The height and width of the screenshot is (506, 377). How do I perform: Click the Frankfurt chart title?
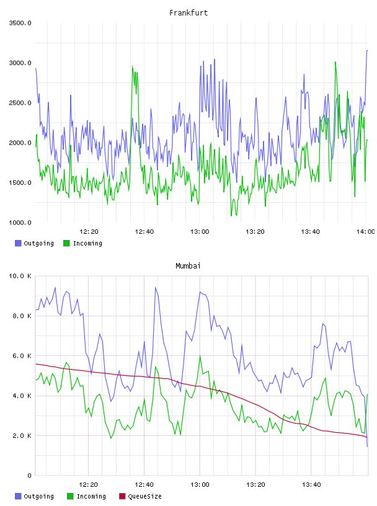tap(188, 13)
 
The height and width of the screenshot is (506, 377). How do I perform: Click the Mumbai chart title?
tap(188, 266)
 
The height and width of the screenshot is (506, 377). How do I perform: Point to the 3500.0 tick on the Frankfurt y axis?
tap(20, 23)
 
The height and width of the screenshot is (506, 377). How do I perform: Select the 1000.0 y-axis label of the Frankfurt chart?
tap(20, 223)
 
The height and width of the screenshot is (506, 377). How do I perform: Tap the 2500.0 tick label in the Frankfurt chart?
tap(20, 103)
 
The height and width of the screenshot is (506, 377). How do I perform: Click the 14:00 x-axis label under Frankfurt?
tap(365, 232)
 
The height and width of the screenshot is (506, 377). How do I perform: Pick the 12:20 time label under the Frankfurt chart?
tap(89, 232)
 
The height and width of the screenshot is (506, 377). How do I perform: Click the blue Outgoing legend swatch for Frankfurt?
tap(18, 243)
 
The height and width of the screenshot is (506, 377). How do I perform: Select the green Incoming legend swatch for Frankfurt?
tap(66, 243)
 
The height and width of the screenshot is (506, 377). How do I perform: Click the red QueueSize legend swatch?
tap(122, 496)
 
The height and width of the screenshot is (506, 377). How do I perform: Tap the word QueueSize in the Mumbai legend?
tap(144, 496)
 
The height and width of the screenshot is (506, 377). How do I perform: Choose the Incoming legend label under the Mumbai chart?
tap(91, 496)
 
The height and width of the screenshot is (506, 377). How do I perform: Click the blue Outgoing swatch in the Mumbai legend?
tap(18, 496)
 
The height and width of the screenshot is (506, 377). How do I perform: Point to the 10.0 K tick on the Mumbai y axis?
tap(20, 276)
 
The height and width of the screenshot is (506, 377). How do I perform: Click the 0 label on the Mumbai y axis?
tap(29, 476)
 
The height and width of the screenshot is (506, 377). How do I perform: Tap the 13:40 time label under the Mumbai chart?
tap(311, 485)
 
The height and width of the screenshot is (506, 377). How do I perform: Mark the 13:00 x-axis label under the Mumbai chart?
tap(200, 485)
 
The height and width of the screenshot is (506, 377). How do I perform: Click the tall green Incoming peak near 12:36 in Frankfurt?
tap(132, 66)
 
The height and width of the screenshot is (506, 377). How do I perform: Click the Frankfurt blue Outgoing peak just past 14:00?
tap(367, 51)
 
